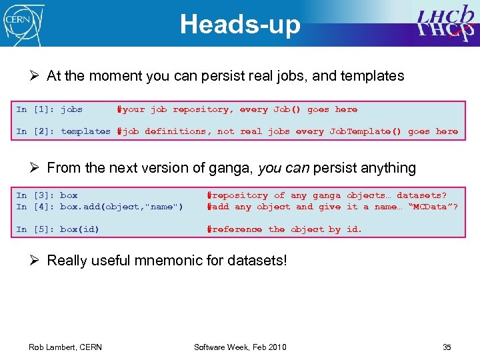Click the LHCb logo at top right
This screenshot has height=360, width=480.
[x=446, y=23]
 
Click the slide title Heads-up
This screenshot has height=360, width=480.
[x=240, y=25]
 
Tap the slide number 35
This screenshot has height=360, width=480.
[x=447, y=347]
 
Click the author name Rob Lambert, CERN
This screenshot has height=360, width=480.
[x=65, y=347]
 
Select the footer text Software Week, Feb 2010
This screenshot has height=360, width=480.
[x=240, y=347]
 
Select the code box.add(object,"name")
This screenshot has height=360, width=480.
[x=121, y=207]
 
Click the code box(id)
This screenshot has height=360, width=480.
[x=79, y=229]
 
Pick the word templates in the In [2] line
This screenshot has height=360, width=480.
[x=85, y=131]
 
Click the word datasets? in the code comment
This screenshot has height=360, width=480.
[x=421, y=195]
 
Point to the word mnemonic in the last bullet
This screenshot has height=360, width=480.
[x=179, y=260]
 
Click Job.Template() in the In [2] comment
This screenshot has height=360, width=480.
[x=365, y=131]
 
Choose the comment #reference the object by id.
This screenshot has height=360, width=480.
[x=284, y=229]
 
